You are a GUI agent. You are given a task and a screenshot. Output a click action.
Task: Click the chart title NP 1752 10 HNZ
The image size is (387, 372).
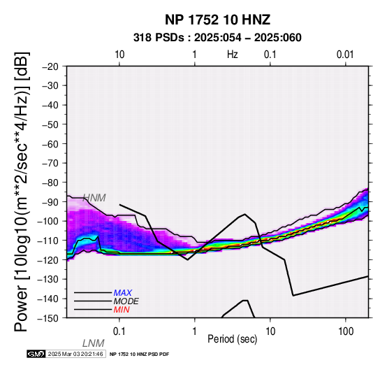coord(217,20)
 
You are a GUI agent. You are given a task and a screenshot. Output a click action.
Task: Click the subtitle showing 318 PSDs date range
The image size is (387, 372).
coord(217,38)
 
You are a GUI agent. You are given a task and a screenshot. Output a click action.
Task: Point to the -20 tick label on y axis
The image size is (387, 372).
coord(50,66)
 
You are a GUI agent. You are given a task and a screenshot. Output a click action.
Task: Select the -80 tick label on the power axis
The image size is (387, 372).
coord(50,183)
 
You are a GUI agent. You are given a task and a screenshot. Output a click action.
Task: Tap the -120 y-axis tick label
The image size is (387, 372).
coord(48,259)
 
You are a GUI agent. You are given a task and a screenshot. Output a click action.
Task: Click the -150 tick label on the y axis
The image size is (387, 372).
coord(48,318)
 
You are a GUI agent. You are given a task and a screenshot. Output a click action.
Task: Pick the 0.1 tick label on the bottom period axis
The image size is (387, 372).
coord(119,331)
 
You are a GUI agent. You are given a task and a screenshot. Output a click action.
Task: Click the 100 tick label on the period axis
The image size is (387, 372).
coord(346,331)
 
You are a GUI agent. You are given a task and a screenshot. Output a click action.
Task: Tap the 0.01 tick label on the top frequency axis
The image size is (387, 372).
coord(345,55)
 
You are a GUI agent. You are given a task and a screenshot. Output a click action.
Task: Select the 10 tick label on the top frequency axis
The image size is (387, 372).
coord(119,55)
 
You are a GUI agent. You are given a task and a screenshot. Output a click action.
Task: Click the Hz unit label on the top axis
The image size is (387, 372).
coord(233,55)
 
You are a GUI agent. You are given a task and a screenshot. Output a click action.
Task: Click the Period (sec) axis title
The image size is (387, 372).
coord(232,339)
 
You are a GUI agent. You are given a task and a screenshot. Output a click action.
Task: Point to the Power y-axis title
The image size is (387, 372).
coord(21,192)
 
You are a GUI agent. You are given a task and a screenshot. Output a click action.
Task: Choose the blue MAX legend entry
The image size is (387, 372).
coord(123,293)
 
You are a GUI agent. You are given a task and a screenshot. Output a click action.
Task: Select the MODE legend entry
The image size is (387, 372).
coord(126,301)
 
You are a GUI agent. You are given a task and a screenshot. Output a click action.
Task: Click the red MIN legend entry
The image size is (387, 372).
coord(122,310)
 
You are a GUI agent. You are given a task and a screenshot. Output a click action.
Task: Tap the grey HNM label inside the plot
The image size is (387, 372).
coord(94,198)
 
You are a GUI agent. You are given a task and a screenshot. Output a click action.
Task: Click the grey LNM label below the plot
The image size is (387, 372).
coord(94,343)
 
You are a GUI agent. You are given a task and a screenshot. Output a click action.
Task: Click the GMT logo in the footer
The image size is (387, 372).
coord(36,354)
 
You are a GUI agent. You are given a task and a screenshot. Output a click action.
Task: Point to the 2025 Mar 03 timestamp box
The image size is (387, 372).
coord(75,354)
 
